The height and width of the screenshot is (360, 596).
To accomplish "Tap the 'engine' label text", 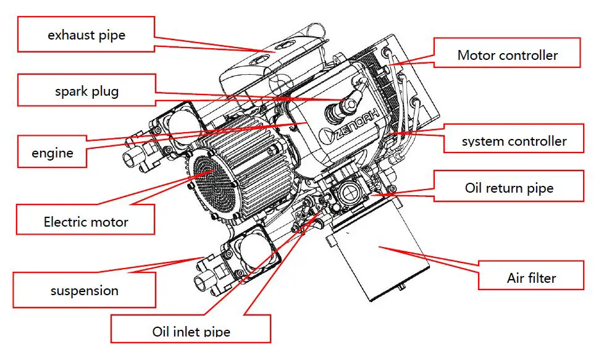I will point(52,153).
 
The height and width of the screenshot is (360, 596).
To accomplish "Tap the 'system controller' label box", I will point(513,141).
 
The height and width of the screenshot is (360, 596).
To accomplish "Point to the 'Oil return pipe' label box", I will point(508,188).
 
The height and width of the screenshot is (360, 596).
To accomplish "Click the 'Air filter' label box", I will point(531,277).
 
